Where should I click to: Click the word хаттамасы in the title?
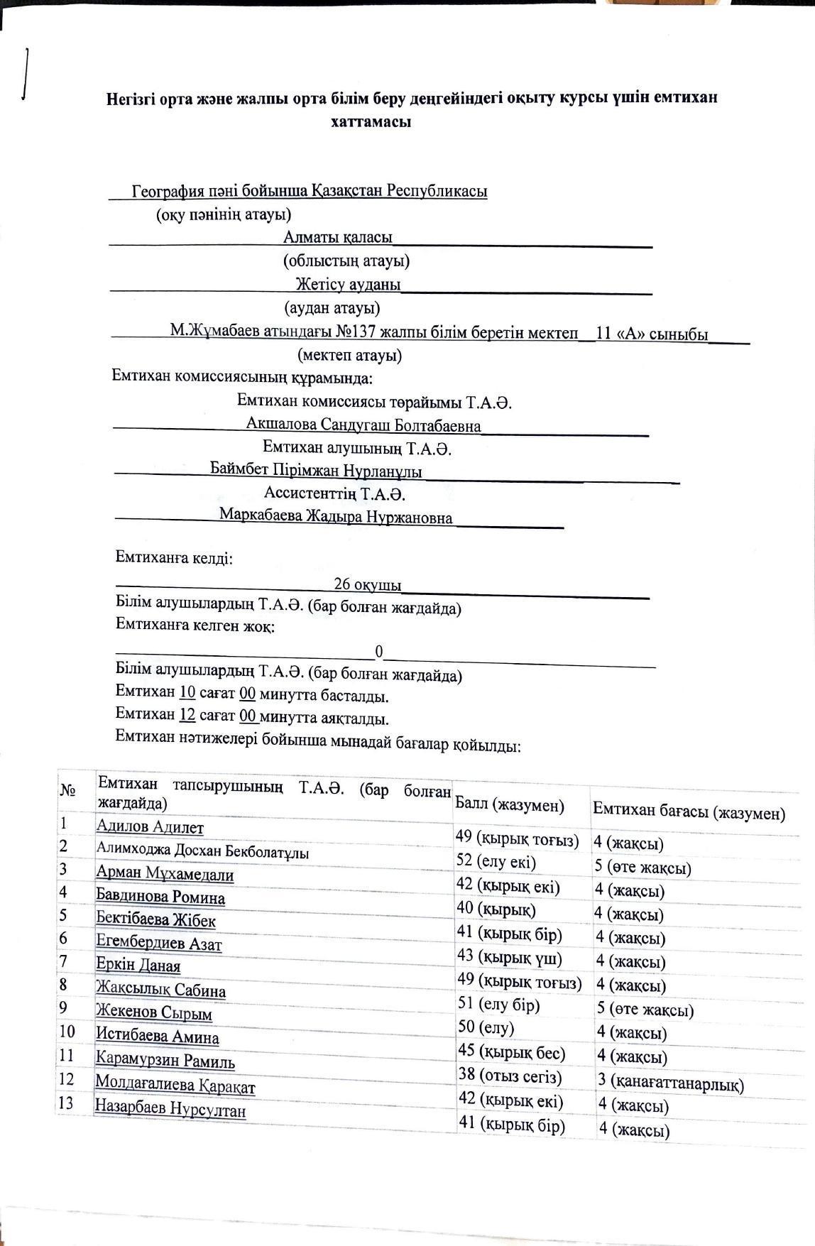371,121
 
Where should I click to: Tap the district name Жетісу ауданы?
348,284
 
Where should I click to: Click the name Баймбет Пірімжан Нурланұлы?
316,471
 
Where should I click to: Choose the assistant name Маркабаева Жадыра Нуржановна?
336,516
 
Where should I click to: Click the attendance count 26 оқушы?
368,584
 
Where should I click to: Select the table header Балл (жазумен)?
510,805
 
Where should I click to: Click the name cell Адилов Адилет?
150,827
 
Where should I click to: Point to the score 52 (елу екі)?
496,862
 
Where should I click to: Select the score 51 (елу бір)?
499,1005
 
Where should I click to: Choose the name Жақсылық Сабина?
161,989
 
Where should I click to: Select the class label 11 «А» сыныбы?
652,334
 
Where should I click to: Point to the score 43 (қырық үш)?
510,958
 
